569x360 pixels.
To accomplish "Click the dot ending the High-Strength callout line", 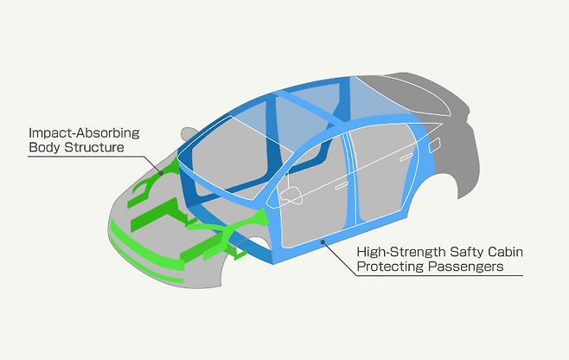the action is click(323, 243).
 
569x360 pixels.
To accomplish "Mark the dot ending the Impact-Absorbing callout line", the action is click(161, 174).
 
